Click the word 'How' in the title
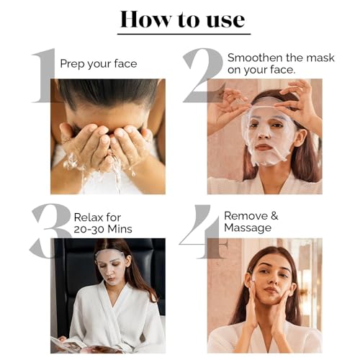pyautogui.click(x=146, y=19)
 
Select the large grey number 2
pyautogui.click(x=204, y=76)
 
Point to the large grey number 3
pyautogui.click(x=50, y=231)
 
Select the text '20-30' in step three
pyautogui.click(x=89, y=229)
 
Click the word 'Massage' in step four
pyautogui.click(x=248, y=228)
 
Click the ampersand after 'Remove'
pyautogui.click(x=274, y=216)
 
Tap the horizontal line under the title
pyautogui.click(x=184, y=35)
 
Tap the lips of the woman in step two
pyautogui.click(x=262, y=147)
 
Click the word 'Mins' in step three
pyautogui.click(x=120, y=229)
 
